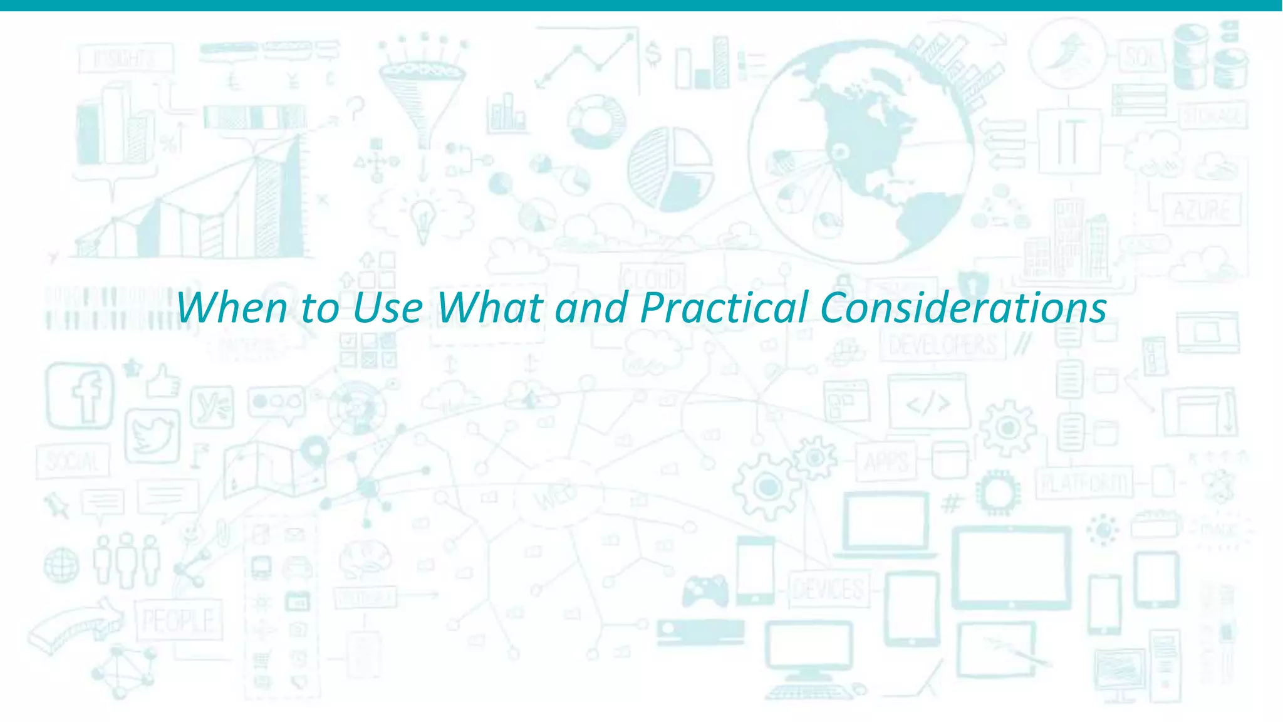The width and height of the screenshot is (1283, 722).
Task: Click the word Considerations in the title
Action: point(963,308)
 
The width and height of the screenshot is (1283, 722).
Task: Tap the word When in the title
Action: point(232,308)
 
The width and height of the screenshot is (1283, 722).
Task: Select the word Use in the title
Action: point(388,308)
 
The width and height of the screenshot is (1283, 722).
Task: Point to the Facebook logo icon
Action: point(80,395)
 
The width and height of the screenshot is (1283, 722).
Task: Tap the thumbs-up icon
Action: point(163,381)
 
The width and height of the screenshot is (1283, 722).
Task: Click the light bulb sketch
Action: point(423,217)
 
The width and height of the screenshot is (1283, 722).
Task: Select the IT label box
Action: point(1069,141)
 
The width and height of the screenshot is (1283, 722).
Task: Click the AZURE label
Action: point(1202,209)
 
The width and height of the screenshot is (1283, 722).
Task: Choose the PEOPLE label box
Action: point(179,620)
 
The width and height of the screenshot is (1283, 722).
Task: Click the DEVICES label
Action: point(828,589)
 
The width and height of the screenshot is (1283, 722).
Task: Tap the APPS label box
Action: point(886,462)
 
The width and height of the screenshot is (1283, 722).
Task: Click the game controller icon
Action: point(705,590)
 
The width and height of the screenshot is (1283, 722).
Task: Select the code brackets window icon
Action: point(928,403)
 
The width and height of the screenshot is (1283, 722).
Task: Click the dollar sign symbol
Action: point(653,55)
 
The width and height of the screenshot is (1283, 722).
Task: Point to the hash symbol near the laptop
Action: point(951,503)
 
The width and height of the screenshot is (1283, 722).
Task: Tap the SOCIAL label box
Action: point(73,461)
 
